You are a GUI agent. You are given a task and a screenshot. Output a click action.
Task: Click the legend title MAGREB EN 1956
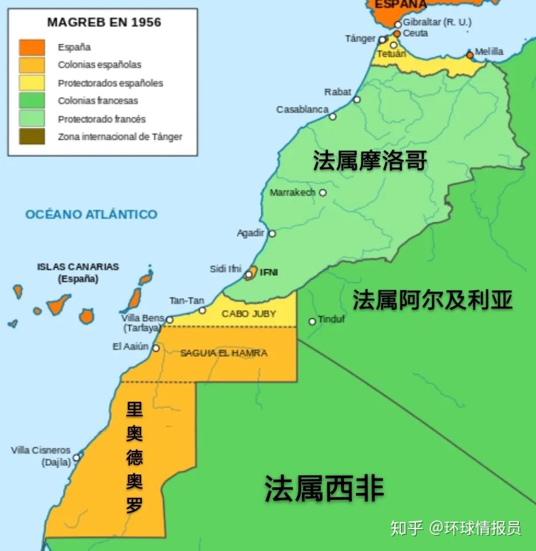pos(104,23)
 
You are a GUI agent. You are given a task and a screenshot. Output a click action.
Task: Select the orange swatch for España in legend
pos(32,47)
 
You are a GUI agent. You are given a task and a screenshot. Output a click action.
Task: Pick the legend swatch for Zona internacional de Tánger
pos(32,137)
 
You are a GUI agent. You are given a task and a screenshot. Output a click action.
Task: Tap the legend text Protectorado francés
pos(102,119)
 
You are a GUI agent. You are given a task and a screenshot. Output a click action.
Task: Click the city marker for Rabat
pos(357,100)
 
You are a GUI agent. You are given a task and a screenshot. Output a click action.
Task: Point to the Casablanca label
pos(302,109)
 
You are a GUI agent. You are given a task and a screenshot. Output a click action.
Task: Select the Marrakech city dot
pos(323,193)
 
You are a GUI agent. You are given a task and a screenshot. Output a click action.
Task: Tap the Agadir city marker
pos(272,234)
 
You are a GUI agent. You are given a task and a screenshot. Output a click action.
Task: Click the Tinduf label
pos(331,319)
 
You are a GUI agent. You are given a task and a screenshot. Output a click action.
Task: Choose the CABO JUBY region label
pos(249,314)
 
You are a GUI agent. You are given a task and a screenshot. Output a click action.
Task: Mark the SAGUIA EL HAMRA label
pos(224,353)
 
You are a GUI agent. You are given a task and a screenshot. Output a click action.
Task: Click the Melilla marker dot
pos(470,55)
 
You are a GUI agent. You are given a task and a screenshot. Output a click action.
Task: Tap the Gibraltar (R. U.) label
pos(437,22)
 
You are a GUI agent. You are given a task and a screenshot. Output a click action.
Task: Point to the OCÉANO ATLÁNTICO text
pos(91,214)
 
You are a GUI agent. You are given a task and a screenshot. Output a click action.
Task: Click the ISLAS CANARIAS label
pos(78,267)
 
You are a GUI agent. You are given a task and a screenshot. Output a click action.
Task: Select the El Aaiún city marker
pos(156,348)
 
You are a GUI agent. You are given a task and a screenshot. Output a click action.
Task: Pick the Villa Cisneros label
pos(40,450)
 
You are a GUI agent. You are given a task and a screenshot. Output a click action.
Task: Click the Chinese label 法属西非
pos(324,489)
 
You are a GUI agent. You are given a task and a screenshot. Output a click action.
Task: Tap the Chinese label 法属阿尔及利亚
pos(432,300)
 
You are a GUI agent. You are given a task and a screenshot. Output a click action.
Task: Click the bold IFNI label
pos(269,272)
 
